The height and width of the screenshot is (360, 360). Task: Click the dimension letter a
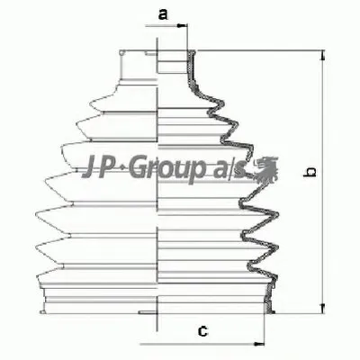[163, 13]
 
